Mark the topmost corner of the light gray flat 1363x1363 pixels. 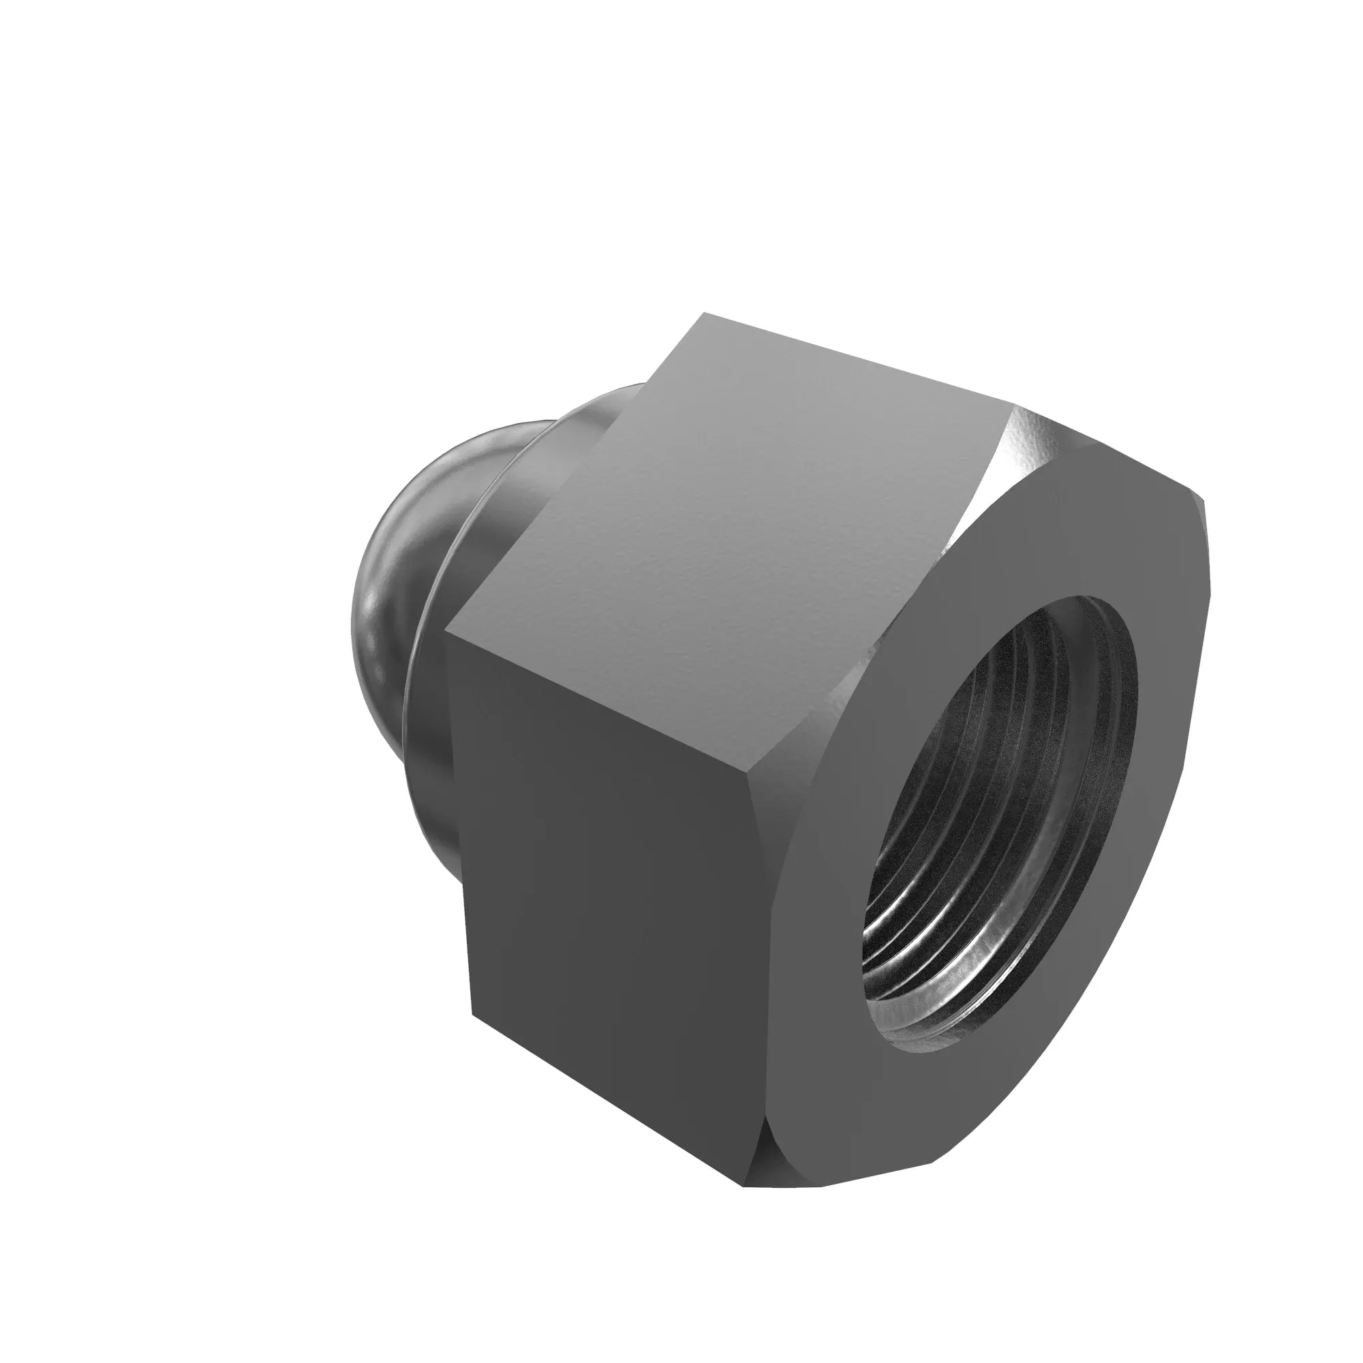(x=705, y=314)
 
